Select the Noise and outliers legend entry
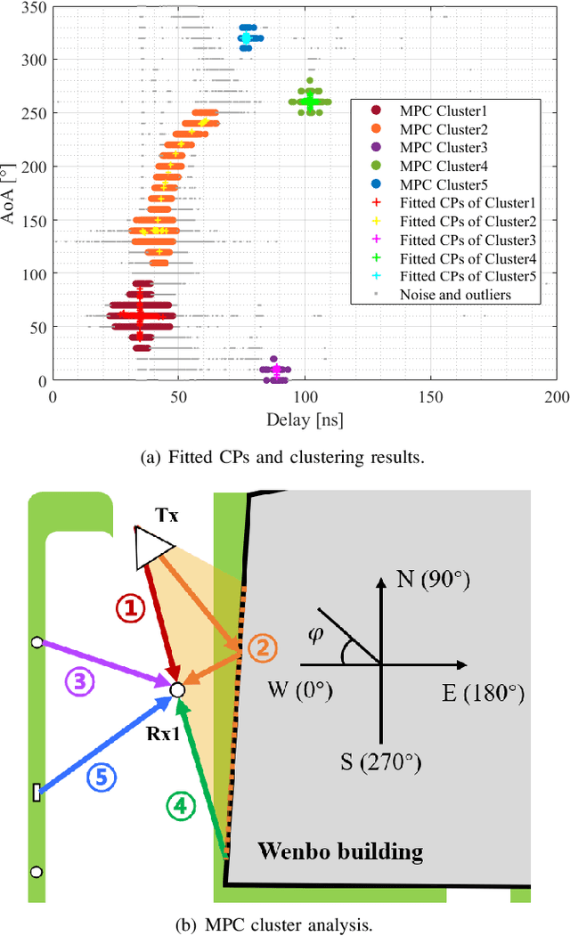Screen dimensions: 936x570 point(454,295)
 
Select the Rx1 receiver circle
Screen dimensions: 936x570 point(177,689)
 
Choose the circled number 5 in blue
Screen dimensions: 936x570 point(101,777)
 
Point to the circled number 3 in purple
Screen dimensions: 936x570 point(78,683)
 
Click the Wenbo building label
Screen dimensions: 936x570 point(340,851)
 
